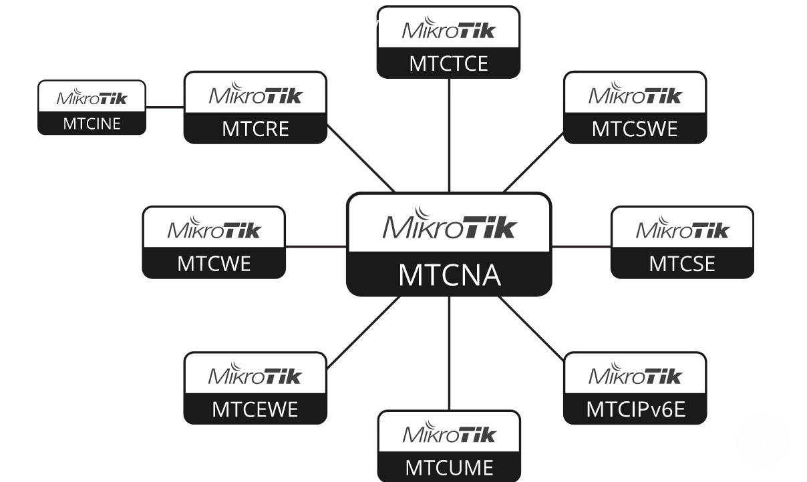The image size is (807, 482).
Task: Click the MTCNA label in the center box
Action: pyautogui.click(x=449, y=274)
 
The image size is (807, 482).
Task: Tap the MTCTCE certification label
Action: pyautogui.click(x=448, y=63)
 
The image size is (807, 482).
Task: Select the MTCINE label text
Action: pyautogui.click(x=92, y=124)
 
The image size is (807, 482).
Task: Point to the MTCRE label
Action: pyautogui.click(x=255, y=128)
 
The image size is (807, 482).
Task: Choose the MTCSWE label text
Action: pyautogui.click(x=635, y=128)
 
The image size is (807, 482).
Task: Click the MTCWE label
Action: pyautogui.click(x=214, y=263)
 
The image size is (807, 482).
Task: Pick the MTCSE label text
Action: pyautogui.click(x=682, y=263)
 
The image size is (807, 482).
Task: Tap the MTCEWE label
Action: pyautogui.click(x=255, y=409)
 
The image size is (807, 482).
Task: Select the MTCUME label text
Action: pyautogui.click(x=448, y=467)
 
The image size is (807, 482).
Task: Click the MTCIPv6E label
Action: pyautogui.click(x=635, y=409)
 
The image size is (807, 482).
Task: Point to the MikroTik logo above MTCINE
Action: pyautogui.click(x=92, y=97)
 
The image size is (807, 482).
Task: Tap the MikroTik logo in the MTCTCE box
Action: pyautogui.click(x=448, y=30)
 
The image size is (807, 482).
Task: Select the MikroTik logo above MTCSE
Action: pyautogui.click(x=682, y=229)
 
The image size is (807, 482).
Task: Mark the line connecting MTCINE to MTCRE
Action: pyautogui.click(x=165, y=107)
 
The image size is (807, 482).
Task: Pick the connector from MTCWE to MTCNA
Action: pyautogui.click(x=315, y=246)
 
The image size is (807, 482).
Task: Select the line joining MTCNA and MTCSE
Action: pyautogui.click(x=581, y=246)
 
